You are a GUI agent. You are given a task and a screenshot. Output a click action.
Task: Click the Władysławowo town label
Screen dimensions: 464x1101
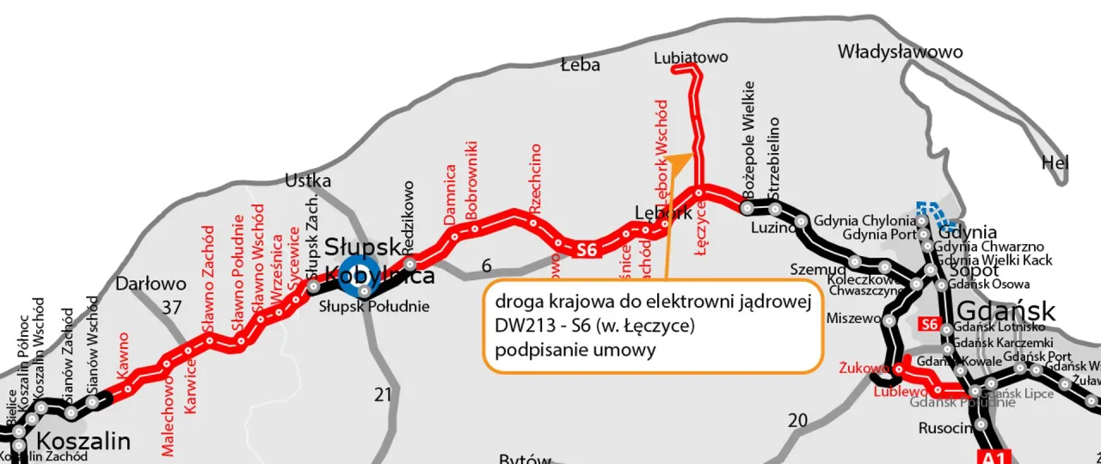(x=900, y=52)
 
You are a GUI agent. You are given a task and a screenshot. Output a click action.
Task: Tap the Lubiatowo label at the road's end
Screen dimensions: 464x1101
(x=691, y=58)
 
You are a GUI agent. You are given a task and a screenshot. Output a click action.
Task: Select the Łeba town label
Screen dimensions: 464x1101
(x=580, y=65)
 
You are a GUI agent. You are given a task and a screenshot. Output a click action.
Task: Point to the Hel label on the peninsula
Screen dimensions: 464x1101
(x=1055, y=162)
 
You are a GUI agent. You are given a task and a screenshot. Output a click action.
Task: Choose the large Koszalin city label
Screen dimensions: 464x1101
(x=84, y=443)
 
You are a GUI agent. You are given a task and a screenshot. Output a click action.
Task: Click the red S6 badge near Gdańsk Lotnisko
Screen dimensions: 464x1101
(x=929, y=325)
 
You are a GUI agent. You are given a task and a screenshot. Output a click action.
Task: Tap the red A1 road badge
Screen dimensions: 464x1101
(x=993, y=456)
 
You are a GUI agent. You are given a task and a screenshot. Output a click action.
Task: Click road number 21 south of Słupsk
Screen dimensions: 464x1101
(x=383, y=394)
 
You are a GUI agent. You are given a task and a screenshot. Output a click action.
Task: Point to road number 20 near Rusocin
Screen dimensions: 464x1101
(x=798, y=419)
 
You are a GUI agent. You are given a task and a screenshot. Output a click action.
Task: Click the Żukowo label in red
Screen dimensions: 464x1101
(x=864, y=369)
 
